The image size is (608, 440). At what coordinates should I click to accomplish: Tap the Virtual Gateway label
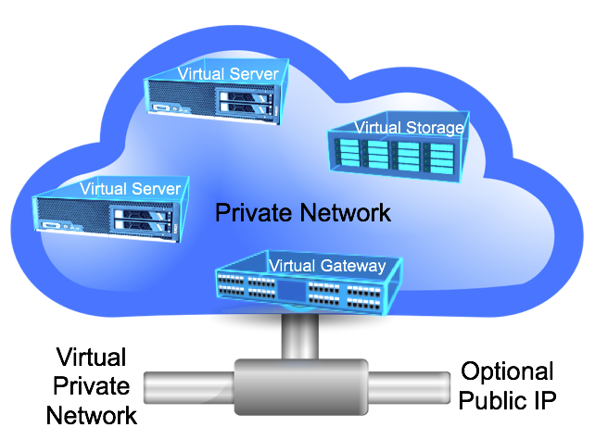click(x=326, y=266)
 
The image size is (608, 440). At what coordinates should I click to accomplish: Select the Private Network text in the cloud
click(x=303, y=213)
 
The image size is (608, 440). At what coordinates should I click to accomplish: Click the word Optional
click(x=507, y=372)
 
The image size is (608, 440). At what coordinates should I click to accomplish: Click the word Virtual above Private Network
click(x=92, y=358)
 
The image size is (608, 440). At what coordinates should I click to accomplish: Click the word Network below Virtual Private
click(x=92, y=413)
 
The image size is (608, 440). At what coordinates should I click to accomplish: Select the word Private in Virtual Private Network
click(x=92, y=385)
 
